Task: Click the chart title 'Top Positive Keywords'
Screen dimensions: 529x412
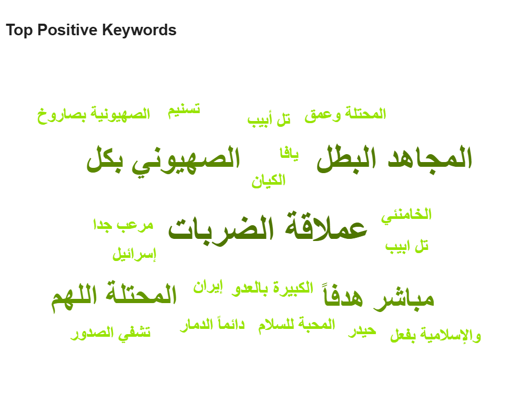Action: (x=91, y=30)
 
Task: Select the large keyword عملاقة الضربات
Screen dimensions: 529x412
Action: (x=267, y=228)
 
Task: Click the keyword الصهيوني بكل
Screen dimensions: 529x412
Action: (x=164, y=159)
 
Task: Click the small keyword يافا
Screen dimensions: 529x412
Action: (x=289, y=154)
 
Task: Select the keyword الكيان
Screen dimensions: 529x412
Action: (x=269, y=180)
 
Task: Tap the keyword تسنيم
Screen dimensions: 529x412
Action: (x=184, y=110)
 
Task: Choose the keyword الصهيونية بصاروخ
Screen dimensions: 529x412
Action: (x=94, y=115)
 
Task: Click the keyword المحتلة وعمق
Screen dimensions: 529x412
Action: (x=345, y=114)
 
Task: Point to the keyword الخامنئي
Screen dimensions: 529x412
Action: (x=406, y=215)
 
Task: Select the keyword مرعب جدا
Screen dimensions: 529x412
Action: (x=123, y=225)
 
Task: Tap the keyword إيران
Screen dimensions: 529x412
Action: (x=208, y=287)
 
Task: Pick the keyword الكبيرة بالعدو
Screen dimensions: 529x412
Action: (x=272, y=288)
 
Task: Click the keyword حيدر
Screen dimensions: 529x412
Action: (x=362, y=331)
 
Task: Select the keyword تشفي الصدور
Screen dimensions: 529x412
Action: (x=110, y=333)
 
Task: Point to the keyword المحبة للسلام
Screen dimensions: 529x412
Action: (x=297, y=325)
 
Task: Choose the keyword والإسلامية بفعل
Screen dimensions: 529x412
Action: (x=435, y=335)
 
